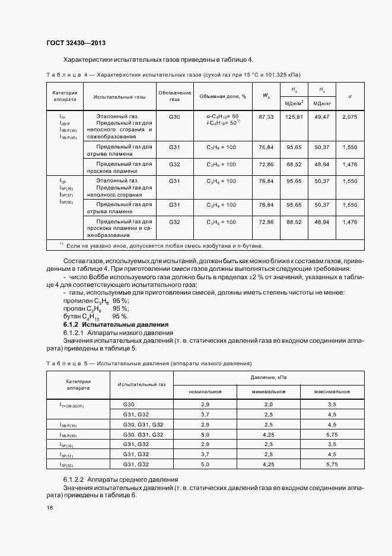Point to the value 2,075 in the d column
pos(350,117)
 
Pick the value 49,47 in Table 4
pos(322,117)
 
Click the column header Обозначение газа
pos(174,96)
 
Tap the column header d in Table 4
pos(350,96)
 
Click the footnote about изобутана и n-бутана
pos(160,245)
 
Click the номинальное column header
pos(205,391)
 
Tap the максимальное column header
pos(332,391)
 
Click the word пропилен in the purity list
pos(75,301)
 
